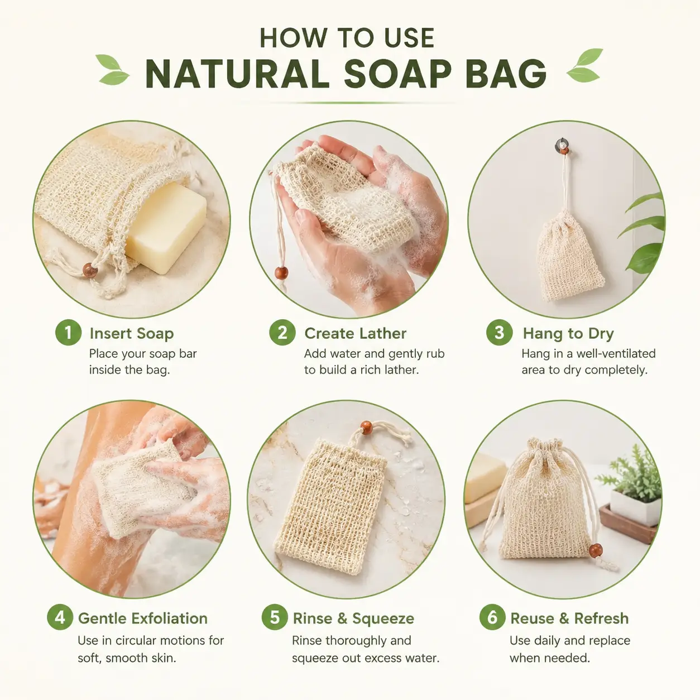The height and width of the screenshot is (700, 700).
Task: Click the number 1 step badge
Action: tap(68, 332)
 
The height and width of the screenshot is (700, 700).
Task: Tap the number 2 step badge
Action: tap(282, 332)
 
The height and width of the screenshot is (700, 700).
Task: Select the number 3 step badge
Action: tap(500, 332)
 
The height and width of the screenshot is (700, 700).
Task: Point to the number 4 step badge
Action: tap(60, 617)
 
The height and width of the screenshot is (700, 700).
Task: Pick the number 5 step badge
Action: tap(275, 617)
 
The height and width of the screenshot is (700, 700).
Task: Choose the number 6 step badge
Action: tap(492, 617)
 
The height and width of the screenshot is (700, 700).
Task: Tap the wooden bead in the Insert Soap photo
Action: tap(90, 270)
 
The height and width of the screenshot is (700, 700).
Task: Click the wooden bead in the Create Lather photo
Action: tap(281, 273)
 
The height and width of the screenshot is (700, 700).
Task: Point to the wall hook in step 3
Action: tap(562, 145)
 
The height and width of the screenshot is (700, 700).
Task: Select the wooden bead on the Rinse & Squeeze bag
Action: tap(367, 427)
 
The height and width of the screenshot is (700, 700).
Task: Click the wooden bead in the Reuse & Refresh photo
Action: tap(596, 551)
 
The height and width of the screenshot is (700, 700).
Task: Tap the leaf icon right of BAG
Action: tap(584, 65)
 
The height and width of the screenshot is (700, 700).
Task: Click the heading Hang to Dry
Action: tap(568, 333)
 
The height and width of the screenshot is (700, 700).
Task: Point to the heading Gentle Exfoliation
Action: tap(143, 619)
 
